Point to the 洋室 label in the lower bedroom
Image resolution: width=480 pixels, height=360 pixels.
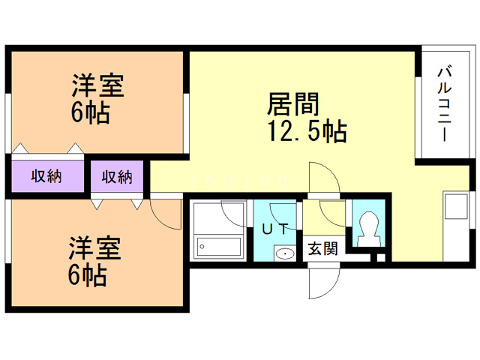tap(95, 247)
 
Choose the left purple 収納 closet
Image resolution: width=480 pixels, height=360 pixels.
tap(46, 177)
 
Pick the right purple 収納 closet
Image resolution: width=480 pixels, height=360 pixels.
tap(117, 177)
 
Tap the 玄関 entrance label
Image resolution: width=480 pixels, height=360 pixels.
tap(323, 248)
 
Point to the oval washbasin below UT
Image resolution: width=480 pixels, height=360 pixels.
tap(284, 253)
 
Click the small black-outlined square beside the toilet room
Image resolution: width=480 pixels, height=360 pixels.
tap(380, 259)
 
